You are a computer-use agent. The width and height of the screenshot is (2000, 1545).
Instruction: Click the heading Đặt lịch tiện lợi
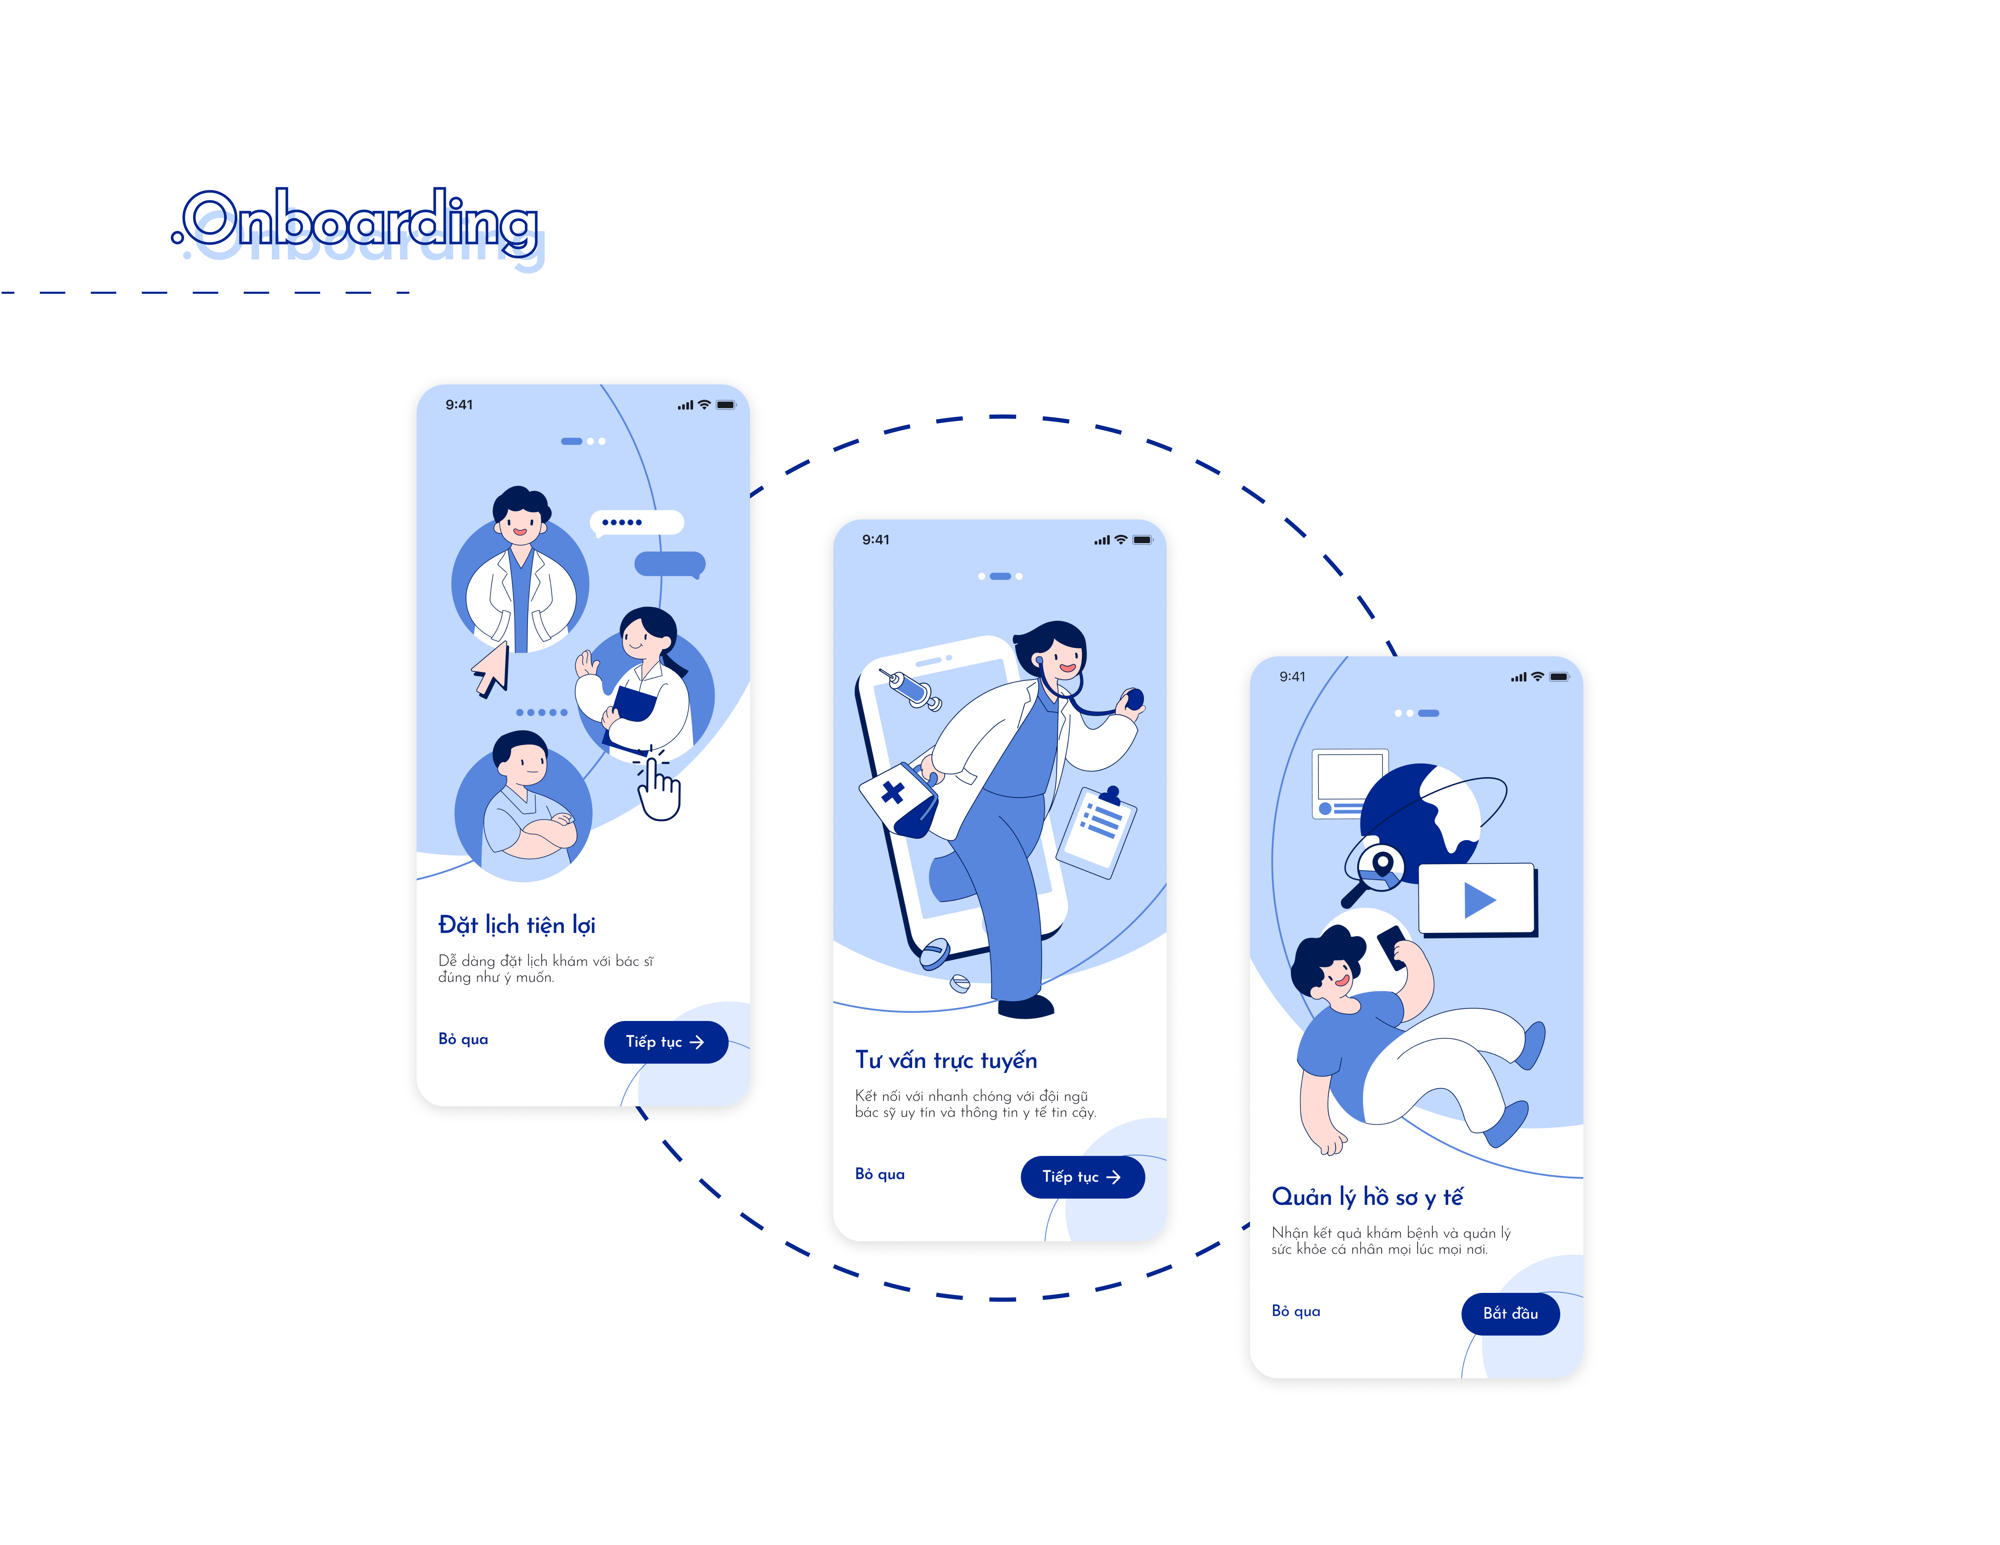[x=516, y=925]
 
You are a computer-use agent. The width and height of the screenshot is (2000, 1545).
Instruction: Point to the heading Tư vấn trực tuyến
[x=945, y=1061]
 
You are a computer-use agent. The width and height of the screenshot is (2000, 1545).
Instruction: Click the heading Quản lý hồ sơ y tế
[x=1366, y=1197]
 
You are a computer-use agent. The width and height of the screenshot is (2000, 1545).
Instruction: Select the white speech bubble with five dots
[x=636, y=522]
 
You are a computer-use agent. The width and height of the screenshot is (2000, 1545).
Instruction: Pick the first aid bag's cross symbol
[x=893, y=792]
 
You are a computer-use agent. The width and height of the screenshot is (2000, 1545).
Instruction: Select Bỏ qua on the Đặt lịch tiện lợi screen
[x=462, y=1039]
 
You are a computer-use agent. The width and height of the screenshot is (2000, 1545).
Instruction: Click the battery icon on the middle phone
[x=1142, y=540]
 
